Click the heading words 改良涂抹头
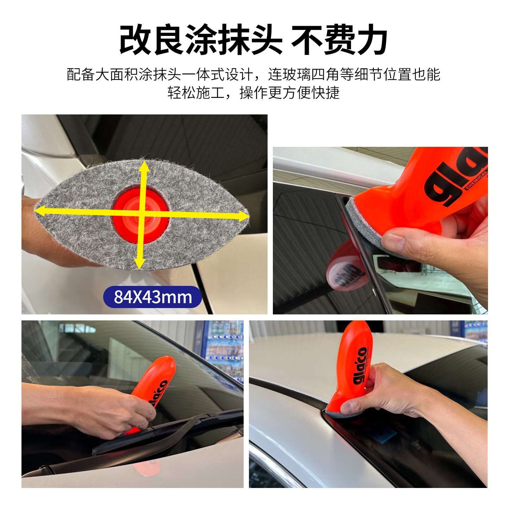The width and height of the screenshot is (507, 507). pos(201,40)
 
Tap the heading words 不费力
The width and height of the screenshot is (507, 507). pos(339,40)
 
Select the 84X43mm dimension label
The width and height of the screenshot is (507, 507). pos(152,297)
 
